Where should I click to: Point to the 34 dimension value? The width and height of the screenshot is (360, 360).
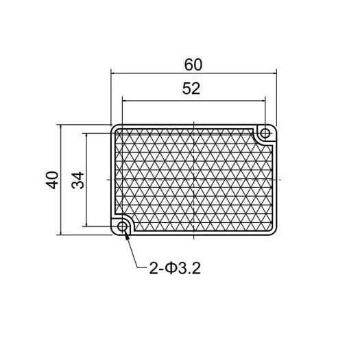tap(77, 180)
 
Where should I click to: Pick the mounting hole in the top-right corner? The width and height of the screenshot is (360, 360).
tap(263, 133)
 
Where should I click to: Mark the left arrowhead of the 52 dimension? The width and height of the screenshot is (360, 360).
tap(125, 99)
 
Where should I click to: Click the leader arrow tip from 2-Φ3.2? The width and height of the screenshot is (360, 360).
tap(127, 235)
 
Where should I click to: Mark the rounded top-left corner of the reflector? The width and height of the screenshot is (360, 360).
tap(114, 128)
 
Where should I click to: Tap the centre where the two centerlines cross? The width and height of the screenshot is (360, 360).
tap(194, 180)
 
